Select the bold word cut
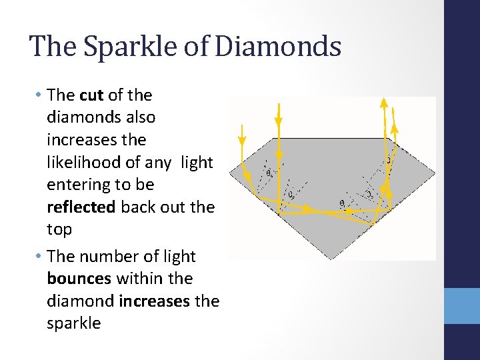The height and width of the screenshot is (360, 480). point(91,95)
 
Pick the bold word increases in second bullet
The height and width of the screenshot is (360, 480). point(155,301)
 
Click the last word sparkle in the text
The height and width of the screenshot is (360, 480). point(73,324)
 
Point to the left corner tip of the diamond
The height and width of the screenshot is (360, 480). point(231,174)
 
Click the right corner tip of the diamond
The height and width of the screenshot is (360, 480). point(435,174)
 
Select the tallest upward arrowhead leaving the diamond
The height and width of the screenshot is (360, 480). point(383,102)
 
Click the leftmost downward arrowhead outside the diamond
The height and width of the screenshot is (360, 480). point(242,140)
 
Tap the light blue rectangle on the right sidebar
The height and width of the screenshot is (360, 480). point(462,306)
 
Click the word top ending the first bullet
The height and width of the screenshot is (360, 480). point(59,230)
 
